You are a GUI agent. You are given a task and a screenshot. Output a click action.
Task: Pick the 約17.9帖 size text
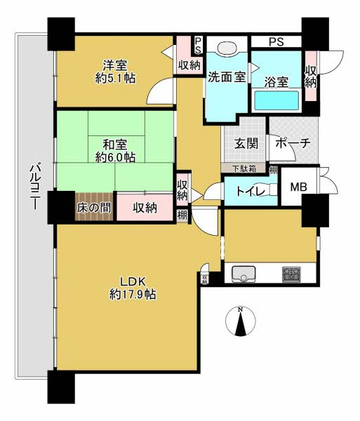tap(133, 295)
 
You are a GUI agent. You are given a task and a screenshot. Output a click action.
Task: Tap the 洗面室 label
tap(226, 77)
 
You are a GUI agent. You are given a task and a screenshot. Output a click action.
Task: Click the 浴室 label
tap(276, 81)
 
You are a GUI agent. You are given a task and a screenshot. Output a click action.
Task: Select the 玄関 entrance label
tap(246, 144)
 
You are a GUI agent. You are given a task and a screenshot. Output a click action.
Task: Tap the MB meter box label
tap(298, 187)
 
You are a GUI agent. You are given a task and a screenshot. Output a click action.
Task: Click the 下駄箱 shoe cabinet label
tap(244, 168)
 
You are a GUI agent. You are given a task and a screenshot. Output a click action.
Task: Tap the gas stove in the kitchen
tap(291, 274)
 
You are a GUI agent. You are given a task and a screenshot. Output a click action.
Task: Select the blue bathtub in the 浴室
tap(276, 102)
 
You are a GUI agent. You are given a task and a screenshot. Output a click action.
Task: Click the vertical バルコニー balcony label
tap(33, 182)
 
